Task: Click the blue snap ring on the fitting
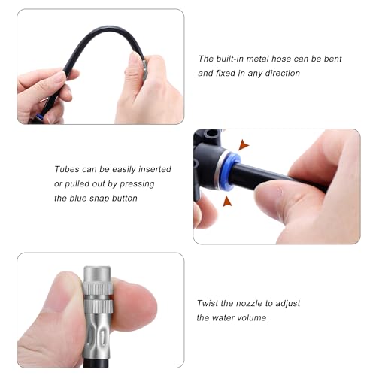tap(229, 171)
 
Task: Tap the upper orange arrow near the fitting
tap(243, 145)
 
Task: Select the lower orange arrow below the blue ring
tap(227, 202)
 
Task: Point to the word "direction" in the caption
tap(283, 73)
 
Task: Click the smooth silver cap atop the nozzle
tap(97, 274)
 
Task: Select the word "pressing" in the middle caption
tap(137, 184)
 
